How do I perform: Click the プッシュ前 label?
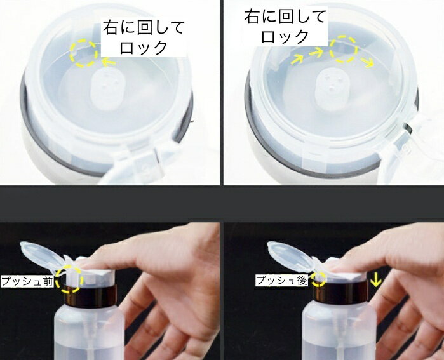27,282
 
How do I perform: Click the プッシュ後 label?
282,281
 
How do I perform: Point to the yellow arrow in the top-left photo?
109,62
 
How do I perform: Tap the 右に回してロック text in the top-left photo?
144,37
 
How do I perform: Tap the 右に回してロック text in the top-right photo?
285,26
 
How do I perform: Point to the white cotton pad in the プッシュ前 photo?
99,272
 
